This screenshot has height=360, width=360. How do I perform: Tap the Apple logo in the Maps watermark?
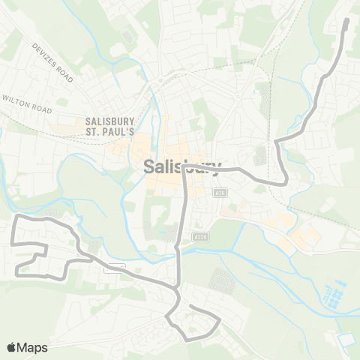click(x=12, y=347)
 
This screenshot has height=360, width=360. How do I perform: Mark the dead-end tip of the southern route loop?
click(x=190, y=307)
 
